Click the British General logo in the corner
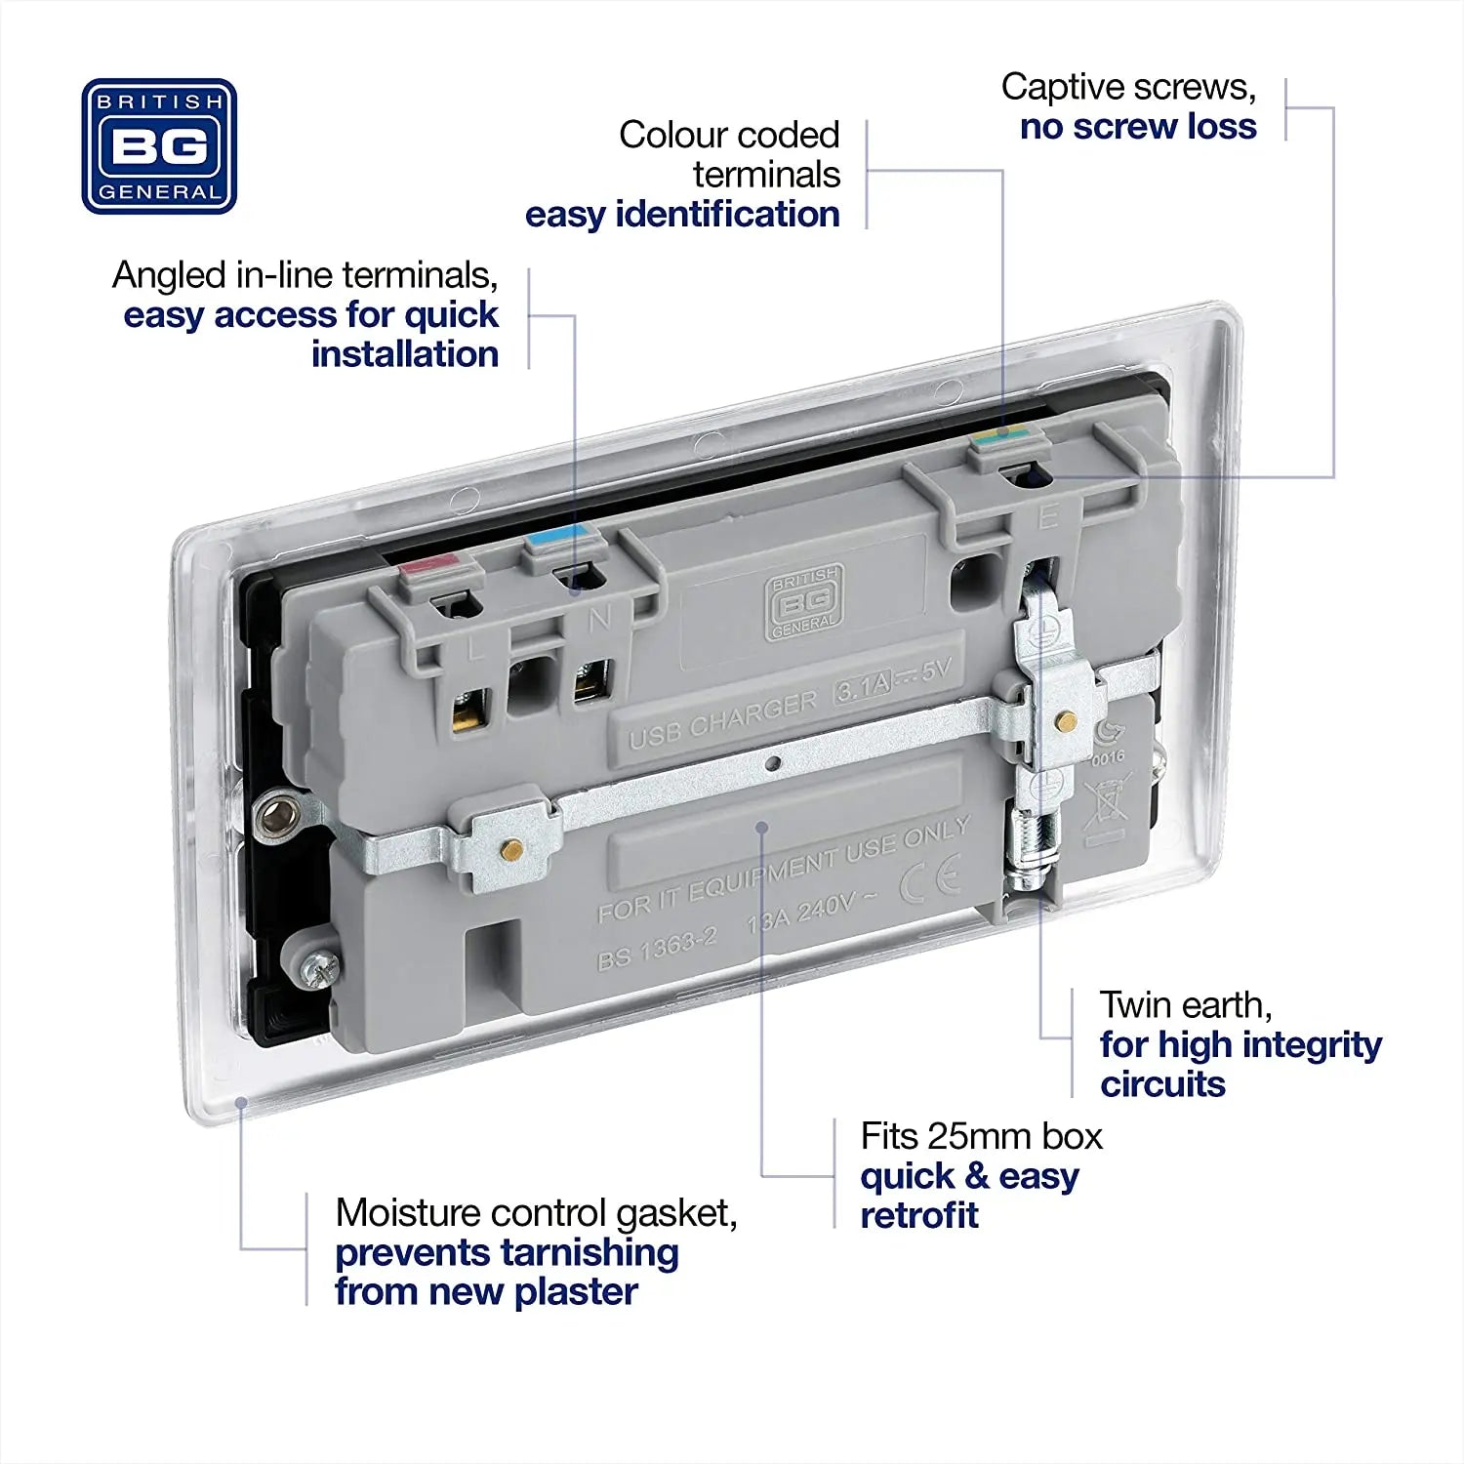click(x=159, y=146)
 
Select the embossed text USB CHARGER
click(x=722, y=720)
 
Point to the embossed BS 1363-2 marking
click(x=657, y=949)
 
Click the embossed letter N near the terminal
click(x=599, y=618)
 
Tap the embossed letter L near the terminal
click(x=476, y=648)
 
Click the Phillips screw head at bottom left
click(x=318, y=968)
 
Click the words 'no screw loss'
click(x=1138, y=127)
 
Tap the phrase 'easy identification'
click(x=682, y=215)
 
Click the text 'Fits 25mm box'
click(x=981, y=1136)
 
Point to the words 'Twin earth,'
click(x=1185, y=1004)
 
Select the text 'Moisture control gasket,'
click(x=536, y=1213)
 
